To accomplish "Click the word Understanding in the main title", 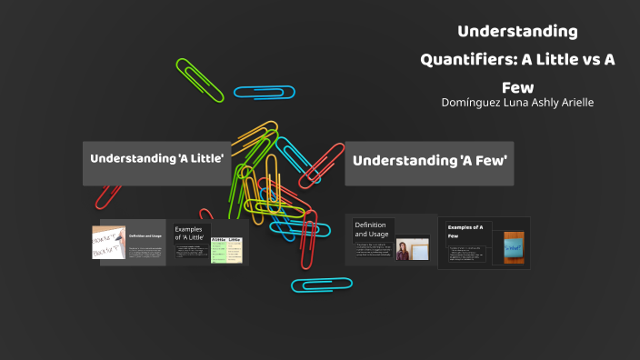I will [x=517, y=32].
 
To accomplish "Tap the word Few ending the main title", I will [x=517, y=88].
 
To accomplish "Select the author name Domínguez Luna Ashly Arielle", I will [x=517, y=103].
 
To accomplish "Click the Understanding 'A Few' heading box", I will [x=429, y=163].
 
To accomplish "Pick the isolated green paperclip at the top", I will [x=199, y=80].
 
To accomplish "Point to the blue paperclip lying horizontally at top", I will [x=264, y=91].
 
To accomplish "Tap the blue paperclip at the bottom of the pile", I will [x=322, y=285].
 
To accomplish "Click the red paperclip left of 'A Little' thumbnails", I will [x=109, y=194].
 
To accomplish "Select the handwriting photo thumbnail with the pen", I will [x=108, y=243].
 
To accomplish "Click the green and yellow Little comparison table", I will [x=226, y=250].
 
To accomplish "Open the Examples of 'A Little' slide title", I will [x=189, y=234].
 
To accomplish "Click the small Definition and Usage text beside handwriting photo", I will [x=145, y=236].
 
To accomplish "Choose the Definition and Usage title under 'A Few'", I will [x=372, y=229].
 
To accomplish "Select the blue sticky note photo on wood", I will [x=511, y=246].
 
